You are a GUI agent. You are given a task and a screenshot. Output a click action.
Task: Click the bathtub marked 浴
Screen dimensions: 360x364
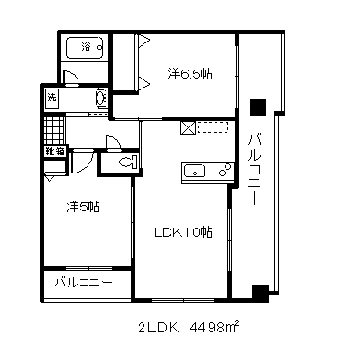tap(85, 48)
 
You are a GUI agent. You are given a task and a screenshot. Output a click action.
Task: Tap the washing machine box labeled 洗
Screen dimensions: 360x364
tap(51, 98)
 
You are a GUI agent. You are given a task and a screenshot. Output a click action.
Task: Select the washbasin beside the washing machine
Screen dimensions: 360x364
tap(101, 98)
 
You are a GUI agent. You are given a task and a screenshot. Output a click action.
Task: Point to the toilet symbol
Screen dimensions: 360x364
tap(128, 163)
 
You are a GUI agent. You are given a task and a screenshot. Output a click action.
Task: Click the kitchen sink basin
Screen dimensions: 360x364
tap(194, 171)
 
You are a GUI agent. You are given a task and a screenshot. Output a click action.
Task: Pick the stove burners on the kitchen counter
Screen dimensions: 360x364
tap(226, 169)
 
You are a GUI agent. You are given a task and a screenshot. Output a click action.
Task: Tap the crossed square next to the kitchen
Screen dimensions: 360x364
tap(188, 127)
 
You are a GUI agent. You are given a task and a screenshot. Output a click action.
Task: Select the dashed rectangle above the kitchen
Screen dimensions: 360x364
tap(214, 127)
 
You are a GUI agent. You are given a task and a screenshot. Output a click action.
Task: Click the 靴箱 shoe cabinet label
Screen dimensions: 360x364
tap(55, 152)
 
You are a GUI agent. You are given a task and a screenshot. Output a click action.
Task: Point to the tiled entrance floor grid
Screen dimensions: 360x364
tap(54, 130)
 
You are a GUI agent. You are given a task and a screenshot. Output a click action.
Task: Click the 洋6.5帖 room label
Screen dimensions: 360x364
tap(189, 73)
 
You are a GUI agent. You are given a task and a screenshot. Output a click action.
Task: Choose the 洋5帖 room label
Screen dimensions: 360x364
tap(83, 207)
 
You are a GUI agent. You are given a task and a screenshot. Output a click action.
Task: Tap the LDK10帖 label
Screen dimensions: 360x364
tap(183, 232)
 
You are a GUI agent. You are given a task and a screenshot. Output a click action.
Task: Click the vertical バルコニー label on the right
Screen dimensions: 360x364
tap(254, 171)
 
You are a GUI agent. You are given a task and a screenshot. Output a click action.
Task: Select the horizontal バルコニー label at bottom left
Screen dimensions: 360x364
tap(83, 283)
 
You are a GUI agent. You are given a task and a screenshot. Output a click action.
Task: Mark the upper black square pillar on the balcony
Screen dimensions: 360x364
tap(258, 107)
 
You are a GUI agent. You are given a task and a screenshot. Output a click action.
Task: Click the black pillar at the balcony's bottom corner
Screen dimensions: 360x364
tap(260, 294)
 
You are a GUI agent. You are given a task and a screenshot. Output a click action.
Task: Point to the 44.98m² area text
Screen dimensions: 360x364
tap(214, 327)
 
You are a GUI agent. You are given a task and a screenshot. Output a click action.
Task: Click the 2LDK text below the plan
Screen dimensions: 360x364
tap(159, 328)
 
